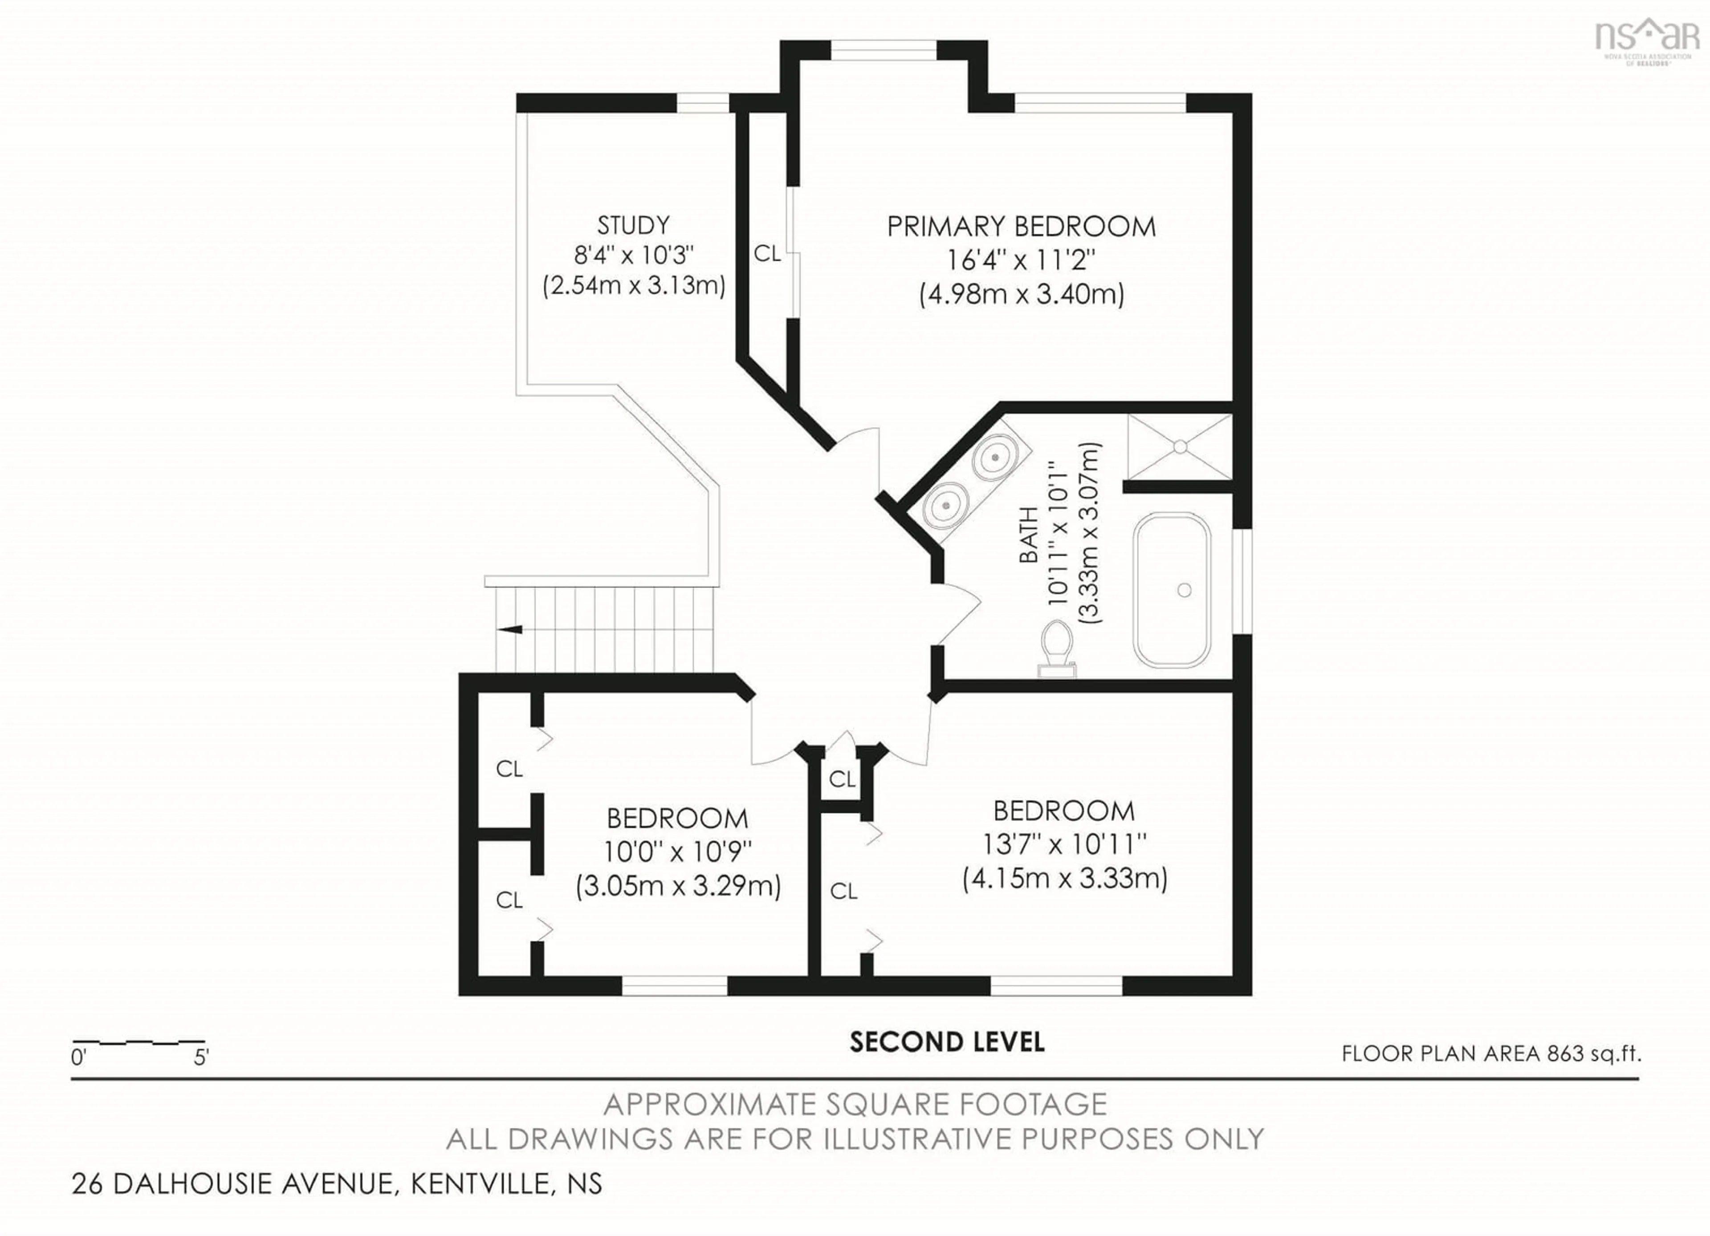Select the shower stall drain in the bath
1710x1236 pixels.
coord(1180,447)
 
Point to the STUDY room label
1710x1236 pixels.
coord(633,225)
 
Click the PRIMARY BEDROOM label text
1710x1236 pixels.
coord(1021,227)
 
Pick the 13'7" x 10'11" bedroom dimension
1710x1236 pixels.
coord(1064,844)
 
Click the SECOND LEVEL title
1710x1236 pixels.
coord(947,1042)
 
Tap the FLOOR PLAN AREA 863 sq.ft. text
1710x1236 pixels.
coord(1490,1054)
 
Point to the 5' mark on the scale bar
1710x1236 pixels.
coord(201,1058)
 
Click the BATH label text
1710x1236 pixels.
coord(1028,535)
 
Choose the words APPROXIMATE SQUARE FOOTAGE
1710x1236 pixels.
coord(855,1105)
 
